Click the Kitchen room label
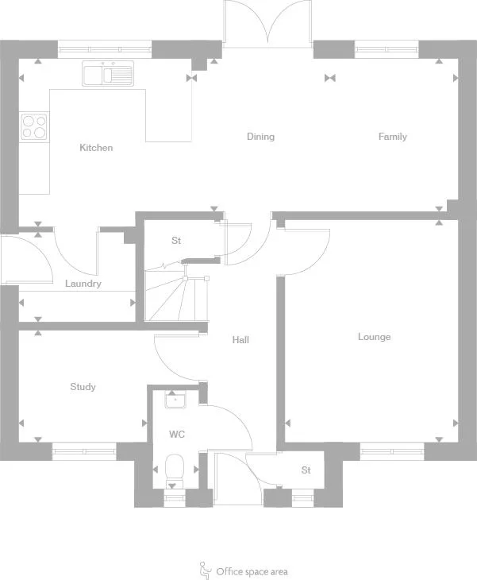coord(96,148)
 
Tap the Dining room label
coord(260,137)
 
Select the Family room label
coord(392,137)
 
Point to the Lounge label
coord(374,337)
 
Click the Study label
coord(83,387)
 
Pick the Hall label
coord(240,340)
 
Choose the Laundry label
coord(83,284)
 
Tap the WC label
coord(176,435)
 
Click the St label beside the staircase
coord(176,240)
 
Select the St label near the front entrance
coord(306,470)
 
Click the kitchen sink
coord(108,75)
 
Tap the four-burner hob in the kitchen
coord(34,126)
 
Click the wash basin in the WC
coord(175,400)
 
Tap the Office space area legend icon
coord(205,570)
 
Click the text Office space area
coord(252,571)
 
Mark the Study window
coord(84,451)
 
